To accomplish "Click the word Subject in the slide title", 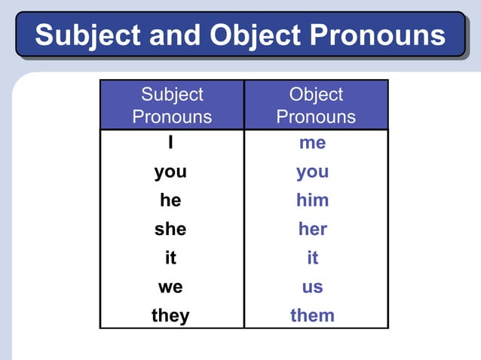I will click(88, 35).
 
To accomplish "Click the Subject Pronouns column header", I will click(172, 105).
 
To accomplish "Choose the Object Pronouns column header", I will click(316, 105).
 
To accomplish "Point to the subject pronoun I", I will click(171, 143).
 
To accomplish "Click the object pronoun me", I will click(312, 143).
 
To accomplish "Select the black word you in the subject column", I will click(170, 172).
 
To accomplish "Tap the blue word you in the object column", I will click(312, 172).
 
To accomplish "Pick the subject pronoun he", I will click(170, 200).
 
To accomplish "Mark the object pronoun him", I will click(312, 200).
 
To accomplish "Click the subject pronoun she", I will click(170, 229).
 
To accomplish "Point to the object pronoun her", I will click(312, 229).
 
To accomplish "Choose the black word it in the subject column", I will click(170, 258).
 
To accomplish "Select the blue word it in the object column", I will click(312, 258).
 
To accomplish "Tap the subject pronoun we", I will click(170, 286).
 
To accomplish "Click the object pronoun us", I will click(312, 286).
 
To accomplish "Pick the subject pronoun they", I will click(170, 315).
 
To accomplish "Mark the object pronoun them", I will click(312, 315).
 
